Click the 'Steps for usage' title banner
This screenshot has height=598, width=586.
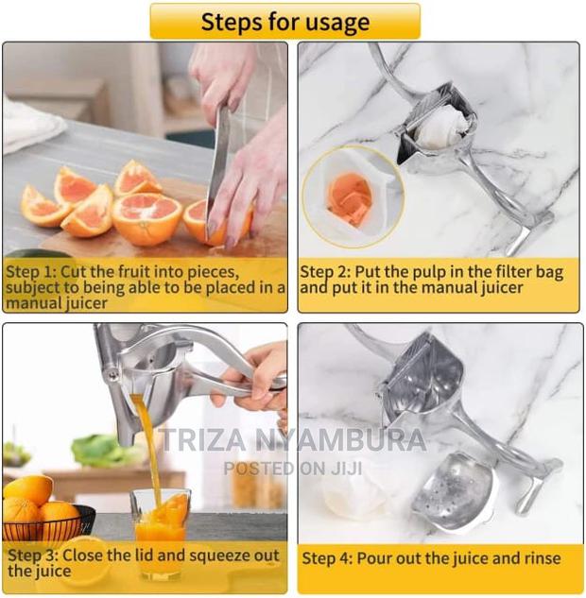(284, 21)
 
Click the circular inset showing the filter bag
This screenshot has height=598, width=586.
(352, 196)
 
